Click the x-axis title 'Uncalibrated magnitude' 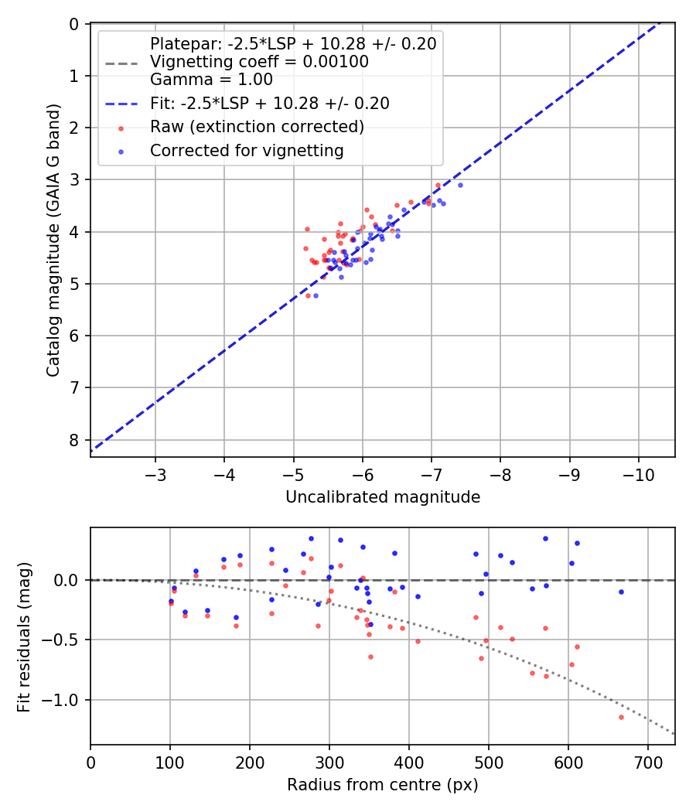[383, 496]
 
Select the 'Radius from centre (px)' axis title [383, 785]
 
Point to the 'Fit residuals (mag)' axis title [25, 636]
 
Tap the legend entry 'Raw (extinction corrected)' [258, 126]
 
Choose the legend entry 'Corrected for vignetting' [247, 151]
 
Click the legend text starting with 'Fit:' [269, 103]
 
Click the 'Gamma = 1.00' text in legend [211, 79]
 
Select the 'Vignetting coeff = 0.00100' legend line [259, 62]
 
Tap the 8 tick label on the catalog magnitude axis [74, 440]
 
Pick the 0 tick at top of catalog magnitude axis [74, 24]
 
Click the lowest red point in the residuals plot [621, 717]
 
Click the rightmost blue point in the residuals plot [621, 592]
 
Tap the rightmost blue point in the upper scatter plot [460, 185]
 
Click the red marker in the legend [121, 127]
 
